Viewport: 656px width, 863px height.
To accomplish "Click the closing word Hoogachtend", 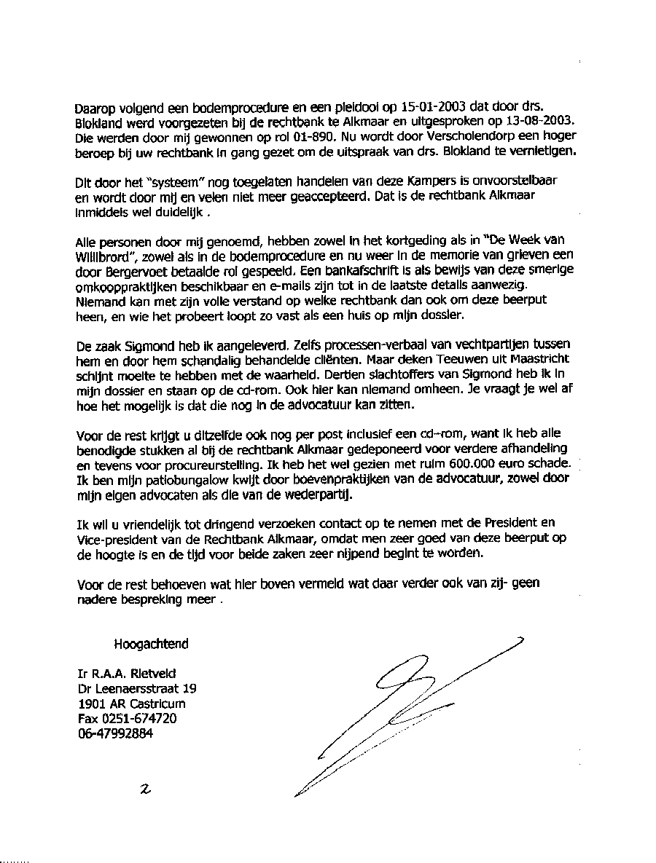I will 151,644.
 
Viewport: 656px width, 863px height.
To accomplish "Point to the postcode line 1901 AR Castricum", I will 131,704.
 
